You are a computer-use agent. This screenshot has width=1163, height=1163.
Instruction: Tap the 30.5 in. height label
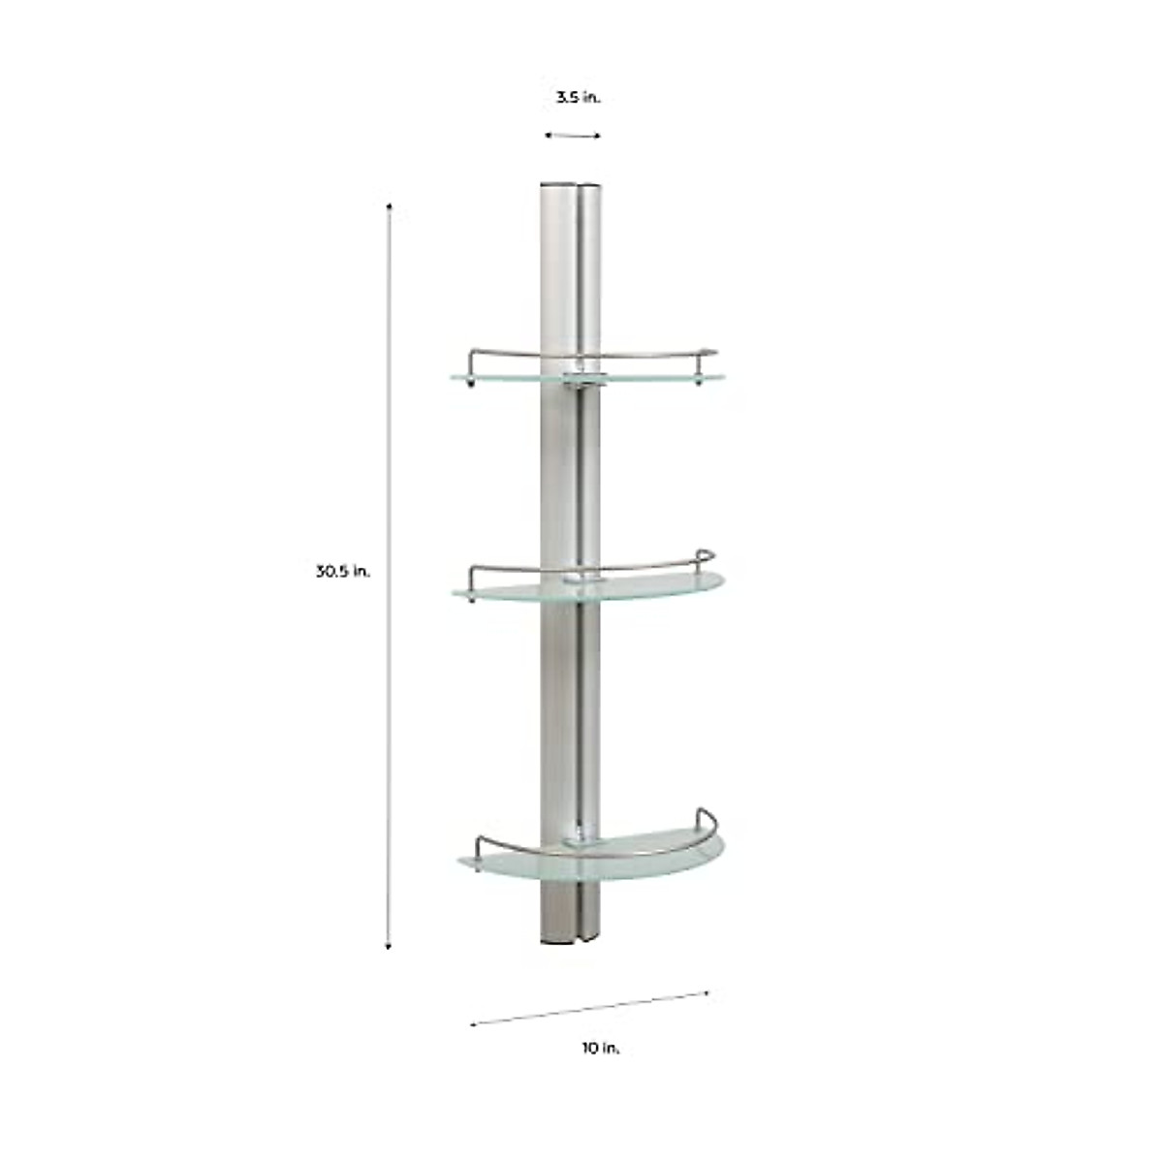pyautogui.click(x=342, y=571)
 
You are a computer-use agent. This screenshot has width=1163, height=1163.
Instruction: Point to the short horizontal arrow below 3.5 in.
pyautogui.click(x=572, y=136)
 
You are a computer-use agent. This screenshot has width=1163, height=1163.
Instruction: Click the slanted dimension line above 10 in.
pyautogui.click(x=591, y=1007)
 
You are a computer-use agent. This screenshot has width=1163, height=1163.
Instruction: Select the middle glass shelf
pyautogui.click(x=659, y=587)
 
